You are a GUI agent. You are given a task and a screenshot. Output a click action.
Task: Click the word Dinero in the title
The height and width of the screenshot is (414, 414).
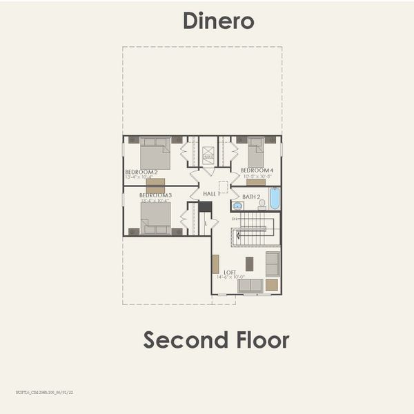point(218,21)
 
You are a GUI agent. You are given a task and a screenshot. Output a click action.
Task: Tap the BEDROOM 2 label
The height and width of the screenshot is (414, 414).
point(141,171)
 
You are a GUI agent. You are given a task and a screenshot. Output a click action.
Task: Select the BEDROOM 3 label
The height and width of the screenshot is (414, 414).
point(155,195)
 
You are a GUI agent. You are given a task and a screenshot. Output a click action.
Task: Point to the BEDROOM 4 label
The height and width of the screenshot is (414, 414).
point(257,170)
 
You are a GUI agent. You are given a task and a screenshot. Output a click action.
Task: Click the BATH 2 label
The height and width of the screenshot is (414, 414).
point(251,197)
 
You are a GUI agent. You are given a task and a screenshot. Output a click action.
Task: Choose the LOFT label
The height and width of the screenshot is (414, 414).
point(230,272)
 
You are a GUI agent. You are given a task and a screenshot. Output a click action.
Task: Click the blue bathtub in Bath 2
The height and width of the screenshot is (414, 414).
point(274,199)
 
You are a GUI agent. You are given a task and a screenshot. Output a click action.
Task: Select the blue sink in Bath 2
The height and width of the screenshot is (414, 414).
point(238,206)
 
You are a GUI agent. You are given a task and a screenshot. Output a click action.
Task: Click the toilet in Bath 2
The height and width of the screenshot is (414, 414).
point(262,204)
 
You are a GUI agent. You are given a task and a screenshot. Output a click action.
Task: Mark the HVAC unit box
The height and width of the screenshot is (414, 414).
point(208,157)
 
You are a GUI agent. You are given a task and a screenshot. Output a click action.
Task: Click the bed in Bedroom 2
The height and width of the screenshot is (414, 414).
point(155,153)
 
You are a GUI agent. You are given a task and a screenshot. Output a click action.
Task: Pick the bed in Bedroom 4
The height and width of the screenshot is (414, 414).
point(256,152)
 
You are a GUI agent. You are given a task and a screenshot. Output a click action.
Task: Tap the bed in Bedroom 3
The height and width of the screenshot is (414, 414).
point(155,219)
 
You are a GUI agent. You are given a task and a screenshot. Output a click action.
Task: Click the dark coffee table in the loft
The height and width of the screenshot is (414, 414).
point(249,263)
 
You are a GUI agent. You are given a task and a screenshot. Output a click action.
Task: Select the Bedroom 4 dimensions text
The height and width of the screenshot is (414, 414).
point(257,177)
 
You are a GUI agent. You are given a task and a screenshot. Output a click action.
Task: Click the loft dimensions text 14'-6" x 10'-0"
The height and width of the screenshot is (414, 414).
point(230,277)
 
